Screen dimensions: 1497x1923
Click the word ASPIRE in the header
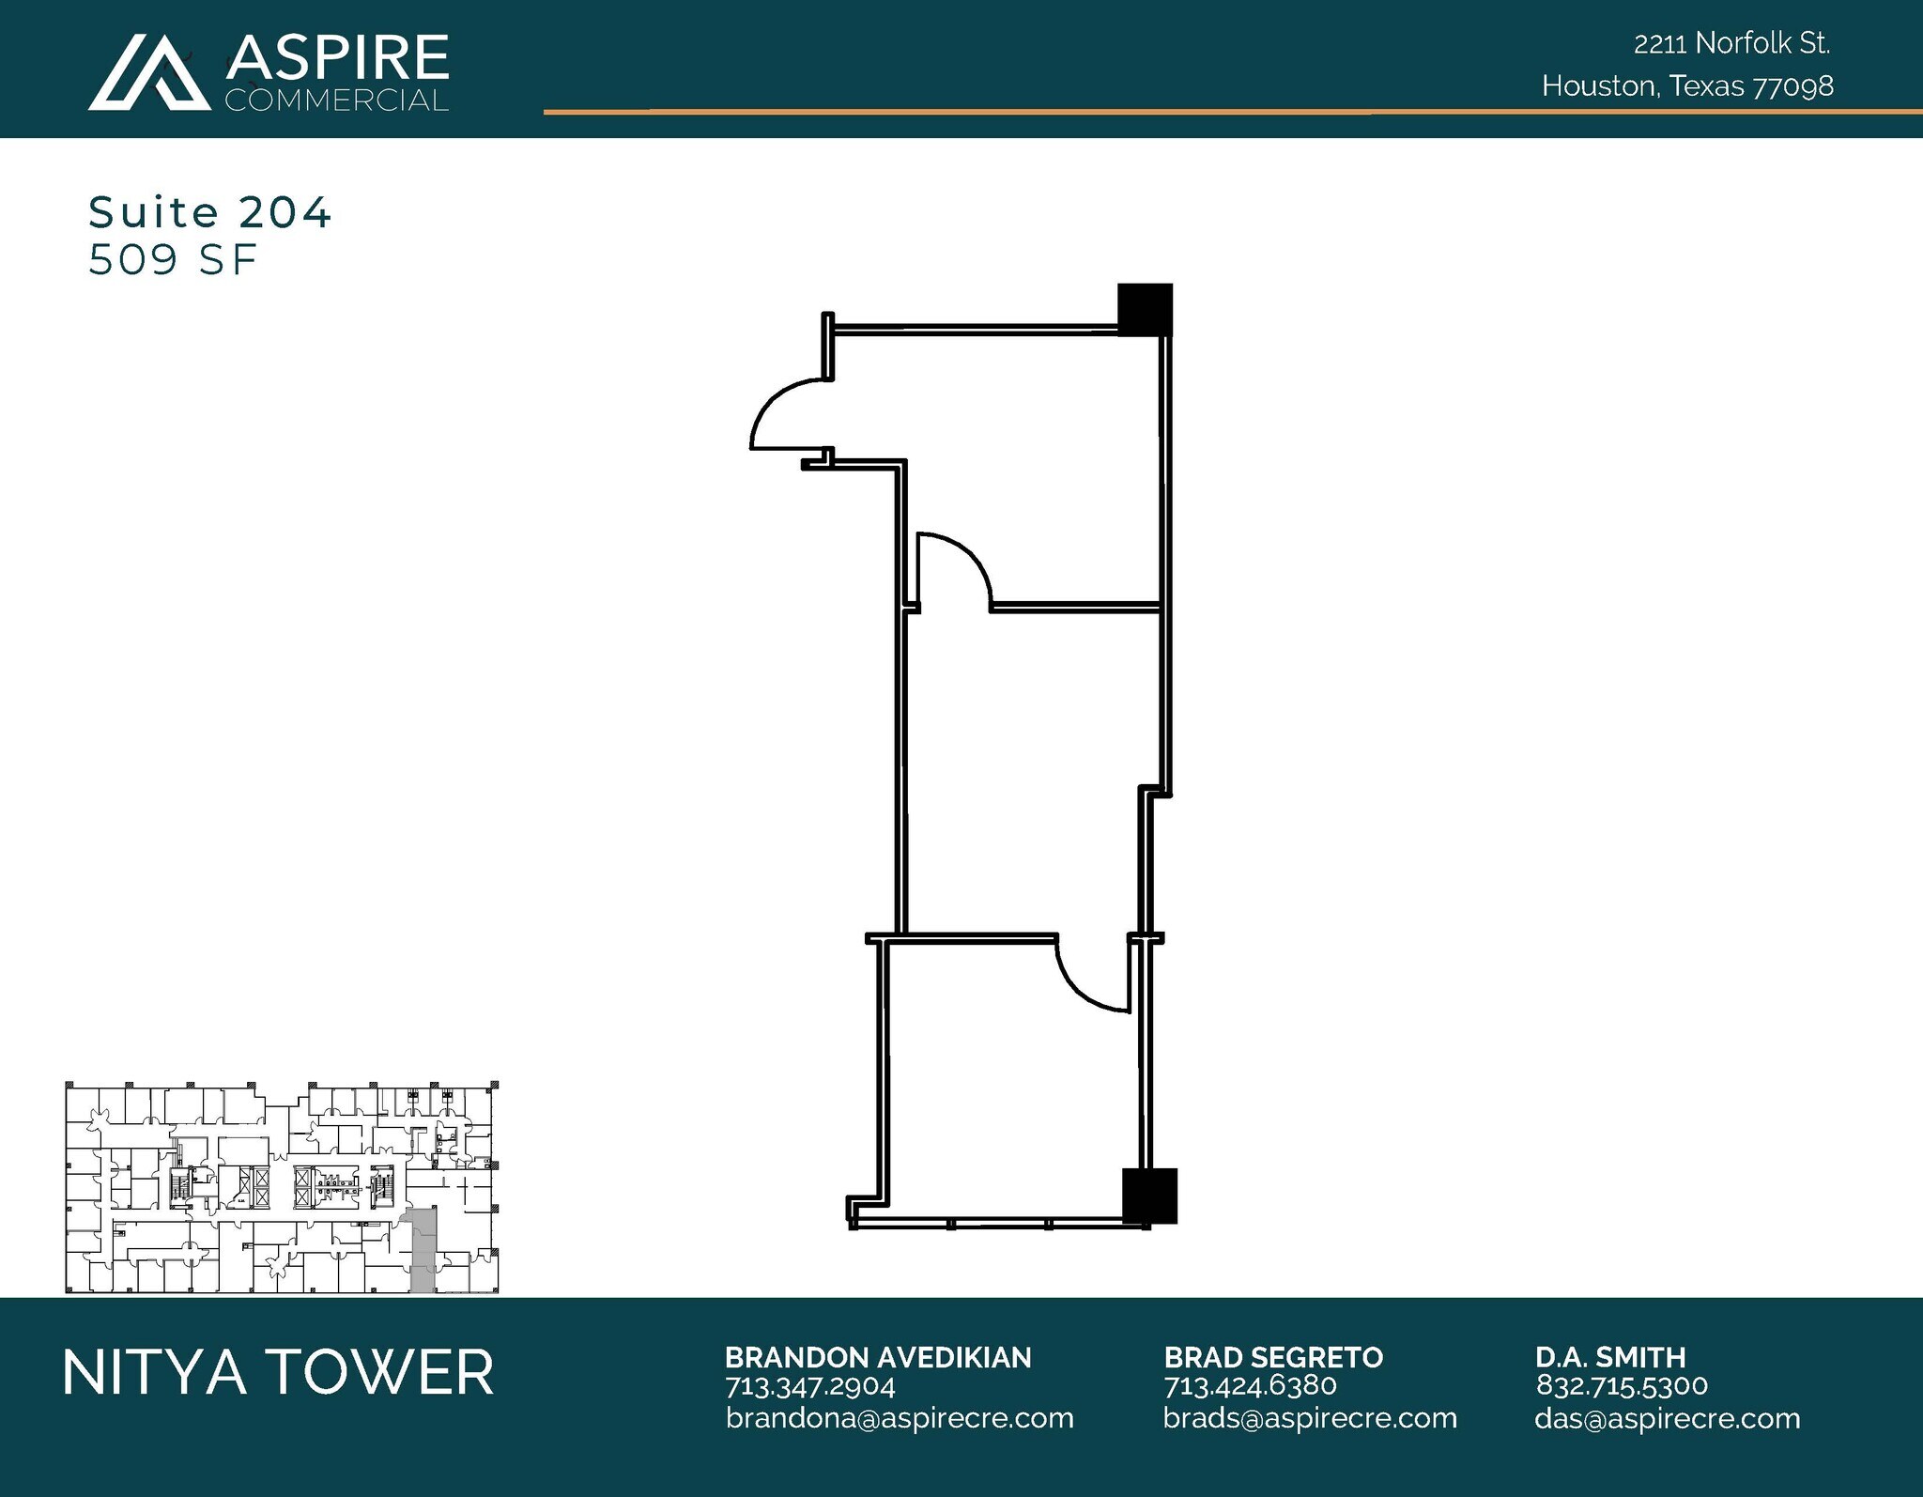pos(337,57)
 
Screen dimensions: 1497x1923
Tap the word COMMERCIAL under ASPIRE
pos(336,100)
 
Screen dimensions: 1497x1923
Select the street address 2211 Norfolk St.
pos(1731,43)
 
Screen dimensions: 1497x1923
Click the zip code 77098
pos(1793,86)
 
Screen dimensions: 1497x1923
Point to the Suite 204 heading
pos(209,212)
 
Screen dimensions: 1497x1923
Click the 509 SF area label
pos(173,260)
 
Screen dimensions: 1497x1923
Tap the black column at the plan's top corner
pos(1145,308)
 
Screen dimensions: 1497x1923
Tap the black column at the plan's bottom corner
pos(1150,1195)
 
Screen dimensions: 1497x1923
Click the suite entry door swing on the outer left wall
pos(787,415)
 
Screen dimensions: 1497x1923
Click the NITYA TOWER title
pos(278,1372)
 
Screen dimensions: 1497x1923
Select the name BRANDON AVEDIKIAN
pos(877,1357)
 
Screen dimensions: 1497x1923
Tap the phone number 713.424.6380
pos(1249,1385)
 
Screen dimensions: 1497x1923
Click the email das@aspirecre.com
pos(1667,1418)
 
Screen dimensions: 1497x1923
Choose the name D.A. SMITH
pos(1610,1357)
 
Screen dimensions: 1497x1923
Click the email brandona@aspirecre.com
pos(899,1418)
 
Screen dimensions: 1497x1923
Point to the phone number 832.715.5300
pos(1622,1385)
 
